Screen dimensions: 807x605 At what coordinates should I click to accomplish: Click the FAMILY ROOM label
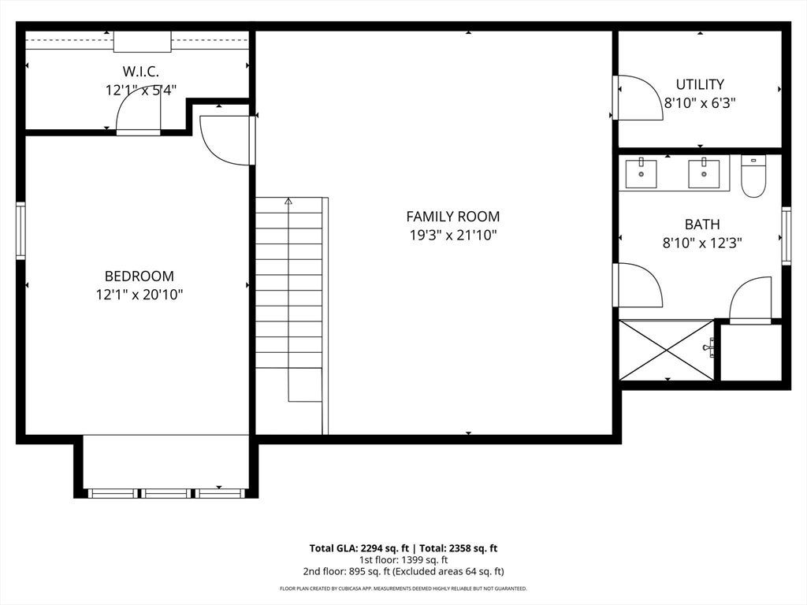tap(453, 217)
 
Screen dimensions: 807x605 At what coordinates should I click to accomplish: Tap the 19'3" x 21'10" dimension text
tap(453, 236)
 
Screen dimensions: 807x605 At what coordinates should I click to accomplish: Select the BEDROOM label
tap(139, 277)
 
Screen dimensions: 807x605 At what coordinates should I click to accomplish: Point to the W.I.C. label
tap(140, 72)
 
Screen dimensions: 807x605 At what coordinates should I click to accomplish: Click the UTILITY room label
tap(700, 84)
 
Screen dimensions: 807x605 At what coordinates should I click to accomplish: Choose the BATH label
tap(702, 225)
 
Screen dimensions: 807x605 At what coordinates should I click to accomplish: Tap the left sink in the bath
tap(642, 174)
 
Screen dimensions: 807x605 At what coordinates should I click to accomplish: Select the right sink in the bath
tap(704, 174)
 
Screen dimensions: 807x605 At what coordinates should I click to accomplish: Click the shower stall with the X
tap(667, 351)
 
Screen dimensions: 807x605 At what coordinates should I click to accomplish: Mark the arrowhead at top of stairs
tap(288, 201)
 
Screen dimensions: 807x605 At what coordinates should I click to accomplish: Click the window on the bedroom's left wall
tap(20, 231)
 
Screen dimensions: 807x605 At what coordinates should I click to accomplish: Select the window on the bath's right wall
tap(787, 236)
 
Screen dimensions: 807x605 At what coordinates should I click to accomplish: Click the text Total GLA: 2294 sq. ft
tap(359, 548)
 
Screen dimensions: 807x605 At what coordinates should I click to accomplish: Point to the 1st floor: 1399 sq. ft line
tap(403, 560)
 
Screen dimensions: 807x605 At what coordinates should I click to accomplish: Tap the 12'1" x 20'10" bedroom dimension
tap(139, 295)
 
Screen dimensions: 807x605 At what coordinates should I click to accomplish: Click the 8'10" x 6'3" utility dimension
tap(700, 103)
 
